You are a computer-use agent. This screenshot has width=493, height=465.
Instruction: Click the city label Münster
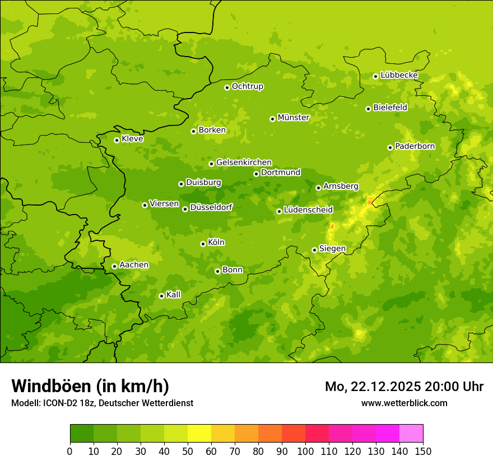pyautogui.click(x=294, y=118)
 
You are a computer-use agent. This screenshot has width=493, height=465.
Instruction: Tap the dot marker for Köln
pyautogui.click(x=203, y=244)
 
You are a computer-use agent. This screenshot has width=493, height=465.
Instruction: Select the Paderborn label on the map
pyautogui.click(x=415, y=146)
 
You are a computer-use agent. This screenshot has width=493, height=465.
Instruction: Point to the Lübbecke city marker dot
pyautogui.click(x=375, y=76)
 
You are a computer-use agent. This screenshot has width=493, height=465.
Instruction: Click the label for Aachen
pyautogui.click(x=134, y=265)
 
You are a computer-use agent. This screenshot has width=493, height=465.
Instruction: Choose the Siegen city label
pyautogui.click(x=332, y=249)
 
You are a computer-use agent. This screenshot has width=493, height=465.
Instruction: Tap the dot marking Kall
pyautogui.click(x=161, y=296)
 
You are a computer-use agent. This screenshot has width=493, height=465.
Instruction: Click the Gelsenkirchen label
pyautogui.click(x=244, y=162)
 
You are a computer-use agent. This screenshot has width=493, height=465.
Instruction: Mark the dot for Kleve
pyautogui.click(x=117, y=140)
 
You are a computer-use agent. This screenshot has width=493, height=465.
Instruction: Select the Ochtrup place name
pyautogui.click(x=247, y=86)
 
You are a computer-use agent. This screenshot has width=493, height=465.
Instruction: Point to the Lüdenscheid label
pyautogui.click(x=308, y=210)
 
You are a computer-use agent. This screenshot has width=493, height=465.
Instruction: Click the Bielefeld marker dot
pyautogui.click(x=368, y=109)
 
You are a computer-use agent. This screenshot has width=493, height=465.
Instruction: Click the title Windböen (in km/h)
pyautogui.click(x=90, y=386)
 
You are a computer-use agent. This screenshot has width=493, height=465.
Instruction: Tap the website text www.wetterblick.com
pyautogui.click(x=404, y=403)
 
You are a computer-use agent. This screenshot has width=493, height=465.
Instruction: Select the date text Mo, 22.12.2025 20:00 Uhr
pyautogui.click(x=404, y=387)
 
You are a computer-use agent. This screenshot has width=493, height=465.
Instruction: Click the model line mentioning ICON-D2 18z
pyautogui.click(x=102, y=403)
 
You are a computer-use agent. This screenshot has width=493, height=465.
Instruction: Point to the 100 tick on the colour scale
pyautogui.click(x=305, y=451)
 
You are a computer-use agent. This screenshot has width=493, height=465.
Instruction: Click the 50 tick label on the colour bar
pyautogui.click(x=188, y=451)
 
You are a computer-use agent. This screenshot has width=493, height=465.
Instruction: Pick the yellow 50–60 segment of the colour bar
pyautogui.click(x=199, y=434)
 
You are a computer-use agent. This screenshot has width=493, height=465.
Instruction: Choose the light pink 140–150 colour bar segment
pyautogui.click(x=411, y=434)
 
